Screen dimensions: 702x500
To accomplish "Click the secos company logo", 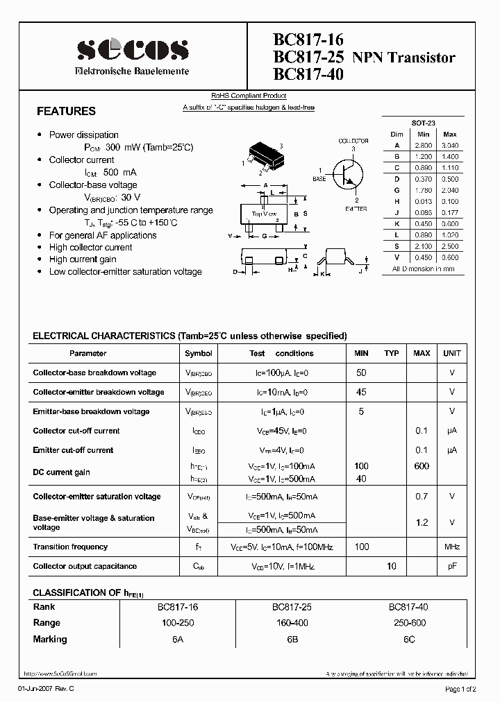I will coord(132,50).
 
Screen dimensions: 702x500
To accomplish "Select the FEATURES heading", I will coord(66,111).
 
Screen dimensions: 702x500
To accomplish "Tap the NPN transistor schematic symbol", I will coord(346,173).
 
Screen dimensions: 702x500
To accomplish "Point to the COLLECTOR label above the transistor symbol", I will coord(353,141).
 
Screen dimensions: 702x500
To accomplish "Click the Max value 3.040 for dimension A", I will coord(450,146).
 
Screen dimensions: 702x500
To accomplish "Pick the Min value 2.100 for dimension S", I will coord(424,246).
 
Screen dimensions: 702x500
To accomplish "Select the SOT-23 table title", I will coord(423,122).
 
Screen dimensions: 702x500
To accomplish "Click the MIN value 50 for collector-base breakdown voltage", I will coord(361,373).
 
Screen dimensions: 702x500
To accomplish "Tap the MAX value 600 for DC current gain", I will coord(422,466).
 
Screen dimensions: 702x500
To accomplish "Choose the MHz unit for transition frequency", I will coord(452,547).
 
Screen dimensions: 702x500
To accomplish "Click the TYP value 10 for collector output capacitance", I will coord(392,566).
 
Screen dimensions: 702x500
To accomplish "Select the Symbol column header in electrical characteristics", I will coord(199,353).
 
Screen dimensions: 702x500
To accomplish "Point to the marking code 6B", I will coord(292,639).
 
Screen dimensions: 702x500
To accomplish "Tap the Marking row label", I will coord(50,639).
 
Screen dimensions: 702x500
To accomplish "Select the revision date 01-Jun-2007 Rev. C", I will coord(45,688).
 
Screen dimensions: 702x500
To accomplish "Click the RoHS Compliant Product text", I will coord(249,96).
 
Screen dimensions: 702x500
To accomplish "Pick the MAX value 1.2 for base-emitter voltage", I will coord(422,522).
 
